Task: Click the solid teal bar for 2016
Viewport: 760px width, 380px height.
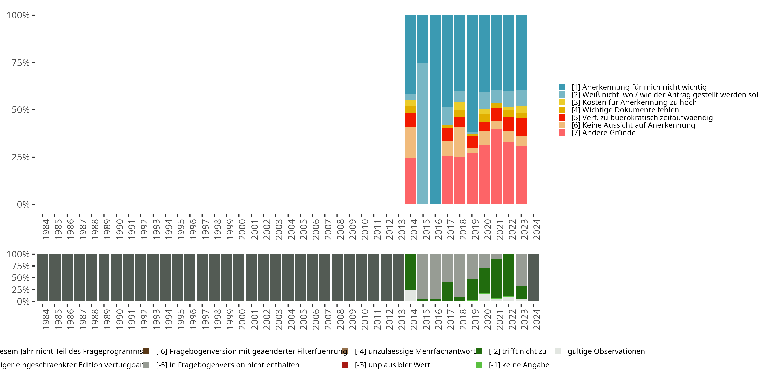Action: pyautogui.click(x=435, y=109)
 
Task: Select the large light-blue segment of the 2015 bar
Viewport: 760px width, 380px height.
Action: pyautogui.click(x=423, y=133)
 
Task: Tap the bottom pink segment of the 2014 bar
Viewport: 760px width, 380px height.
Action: pyautogui.click(x=410, y=181)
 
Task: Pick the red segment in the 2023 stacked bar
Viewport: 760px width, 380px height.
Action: pyautogui.click(x=521, y=127)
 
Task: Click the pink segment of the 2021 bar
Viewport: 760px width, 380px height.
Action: pyautogui.click(x=497, y=167)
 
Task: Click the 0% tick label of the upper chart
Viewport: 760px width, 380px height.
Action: pyautogui.click(x=23, y=204)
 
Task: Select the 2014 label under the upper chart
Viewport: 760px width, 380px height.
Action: pyautogui.click(x=414, y=229)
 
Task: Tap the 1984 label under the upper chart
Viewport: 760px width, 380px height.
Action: pyautogui.click(x=45, y=229)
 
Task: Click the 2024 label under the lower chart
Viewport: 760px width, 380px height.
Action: pyautogui.click(x=536, y=319)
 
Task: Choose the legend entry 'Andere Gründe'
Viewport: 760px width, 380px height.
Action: pyautogui.click(x=609, y=133)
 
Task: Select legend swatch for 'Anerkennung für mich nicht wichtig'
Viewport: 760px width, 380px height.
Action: pyautogui.click(x=562, y=87)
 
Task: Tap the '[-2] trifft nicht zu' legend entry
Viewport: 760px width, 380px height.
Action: pyautogui.click(x=517, y=351)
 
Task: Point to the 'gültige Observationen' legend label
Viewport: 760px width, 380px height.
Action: pyautogui.click(x=606, y=351)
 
